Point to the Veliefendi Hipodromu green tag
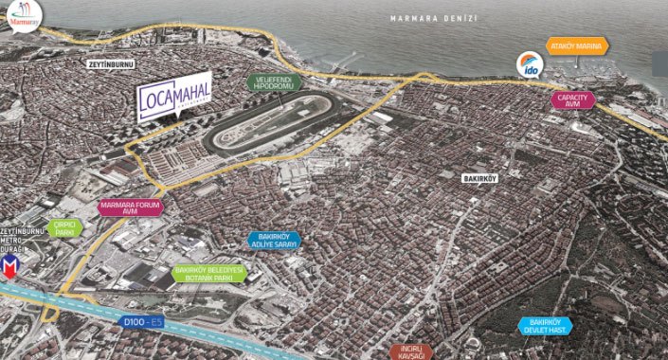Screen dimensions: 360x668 [274, 81]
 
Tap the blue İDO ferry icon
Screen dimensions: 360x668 [528, 63]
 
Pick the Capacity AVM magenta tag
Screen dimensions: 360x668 [574, 99]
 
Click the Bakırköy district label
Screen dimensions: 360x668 [481, 177]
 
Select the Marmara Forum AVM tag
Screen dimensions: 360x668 [131, 207]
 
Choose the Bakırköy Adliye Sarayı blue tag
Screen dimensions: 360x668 [273, 241]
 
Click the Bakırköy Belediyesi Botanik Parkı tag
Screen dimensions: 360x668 [209, 273]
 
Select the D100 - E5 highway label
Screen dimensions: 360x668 [143, 321]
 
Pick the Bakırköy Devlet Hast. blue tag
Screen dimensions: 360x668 [547, 326]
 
